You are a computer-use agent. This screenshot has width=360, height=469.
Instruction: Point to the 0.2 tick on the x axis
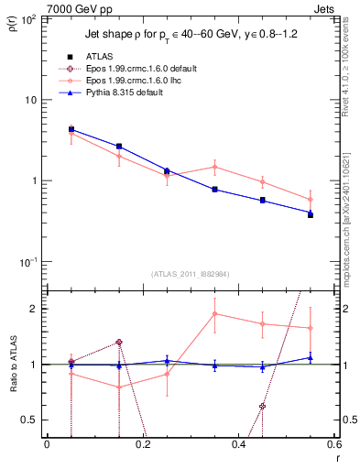pos(142,446)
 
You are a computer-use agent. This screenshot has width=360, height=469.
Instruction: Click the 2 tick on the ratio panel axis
pos(35,309)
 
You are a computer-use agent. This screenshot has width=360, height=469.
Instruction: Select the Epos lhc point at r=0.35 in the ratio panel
pos(214,314)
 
